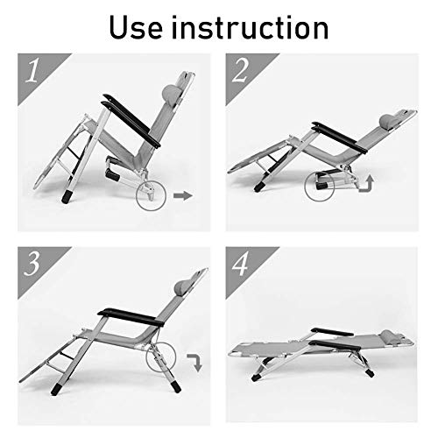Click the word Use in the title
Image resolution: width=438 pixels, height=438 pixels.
tap(136, 27)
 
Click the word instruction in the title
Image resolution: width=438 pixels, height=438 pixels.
tap(250, 27)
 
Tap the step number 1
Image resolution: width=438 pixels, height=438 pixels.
tap(32, 70)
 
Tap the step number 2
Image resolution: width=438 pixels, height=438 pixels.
tap(240, 70)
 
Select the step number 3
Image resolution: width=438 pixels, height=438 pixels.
tap(32, 264)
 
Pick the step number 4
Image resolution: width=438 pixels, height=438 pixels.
tap(240, 264)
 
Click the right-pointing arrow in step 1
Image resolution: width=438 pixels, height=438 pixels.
tap(183, 195)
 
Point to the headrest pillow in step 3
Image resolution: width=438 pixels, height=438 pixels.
tap(182, 287)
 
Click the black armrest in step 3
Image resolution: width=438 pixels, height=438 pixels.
tap(131, 317)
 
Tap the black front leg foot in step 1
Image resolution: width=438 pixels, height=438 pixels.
tap(67, 196)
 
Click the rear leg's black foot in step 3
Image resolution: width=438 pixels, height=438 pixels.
tap(176, 386)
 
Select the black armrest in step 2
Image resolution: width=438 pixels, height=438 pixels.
tap(339, 137)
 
